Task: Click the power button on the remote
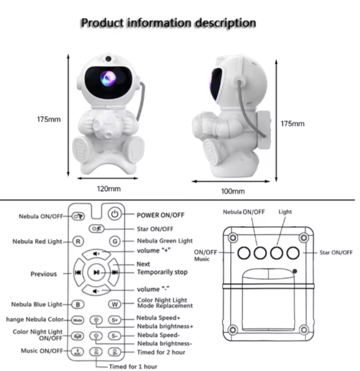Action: pyautogui.click(x=115, y=214)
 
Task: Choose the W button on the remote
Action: pyautogui.click(x=115, y=304)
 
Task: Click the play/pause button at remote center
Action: pyautogui.click(x=96, y=272)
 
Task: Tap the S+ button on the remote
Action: pyautogui.click(x=115, y=320)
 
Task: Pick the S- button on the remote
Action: pyautogui.click(x=115, y=336)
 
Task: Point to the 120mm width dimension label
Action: pyautogui.click(x=109, y=189)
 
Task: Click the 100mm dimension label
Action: pyautogui.click(x=233, y=190)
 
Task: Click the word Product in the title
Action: pyautogui.click(x=102, y=23)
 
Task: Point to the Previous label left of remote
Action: pyautogui.click(x=44, y=273)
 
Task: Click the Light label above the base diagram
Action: pyautogui.click(x=285, y=211)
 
